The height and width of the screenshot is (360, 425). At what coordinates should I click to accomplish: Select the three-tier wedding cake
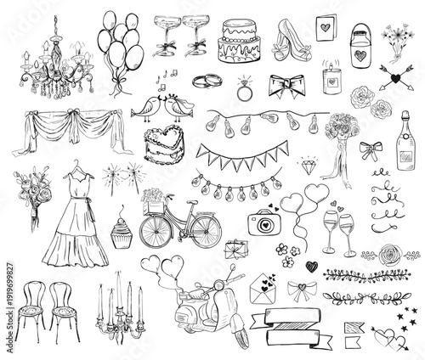241,42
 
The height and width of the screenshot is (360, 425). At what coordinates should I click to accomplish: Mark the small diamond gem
306,161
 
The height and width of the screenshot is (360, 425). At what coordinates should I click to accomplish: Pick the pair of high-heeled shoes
288,37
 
